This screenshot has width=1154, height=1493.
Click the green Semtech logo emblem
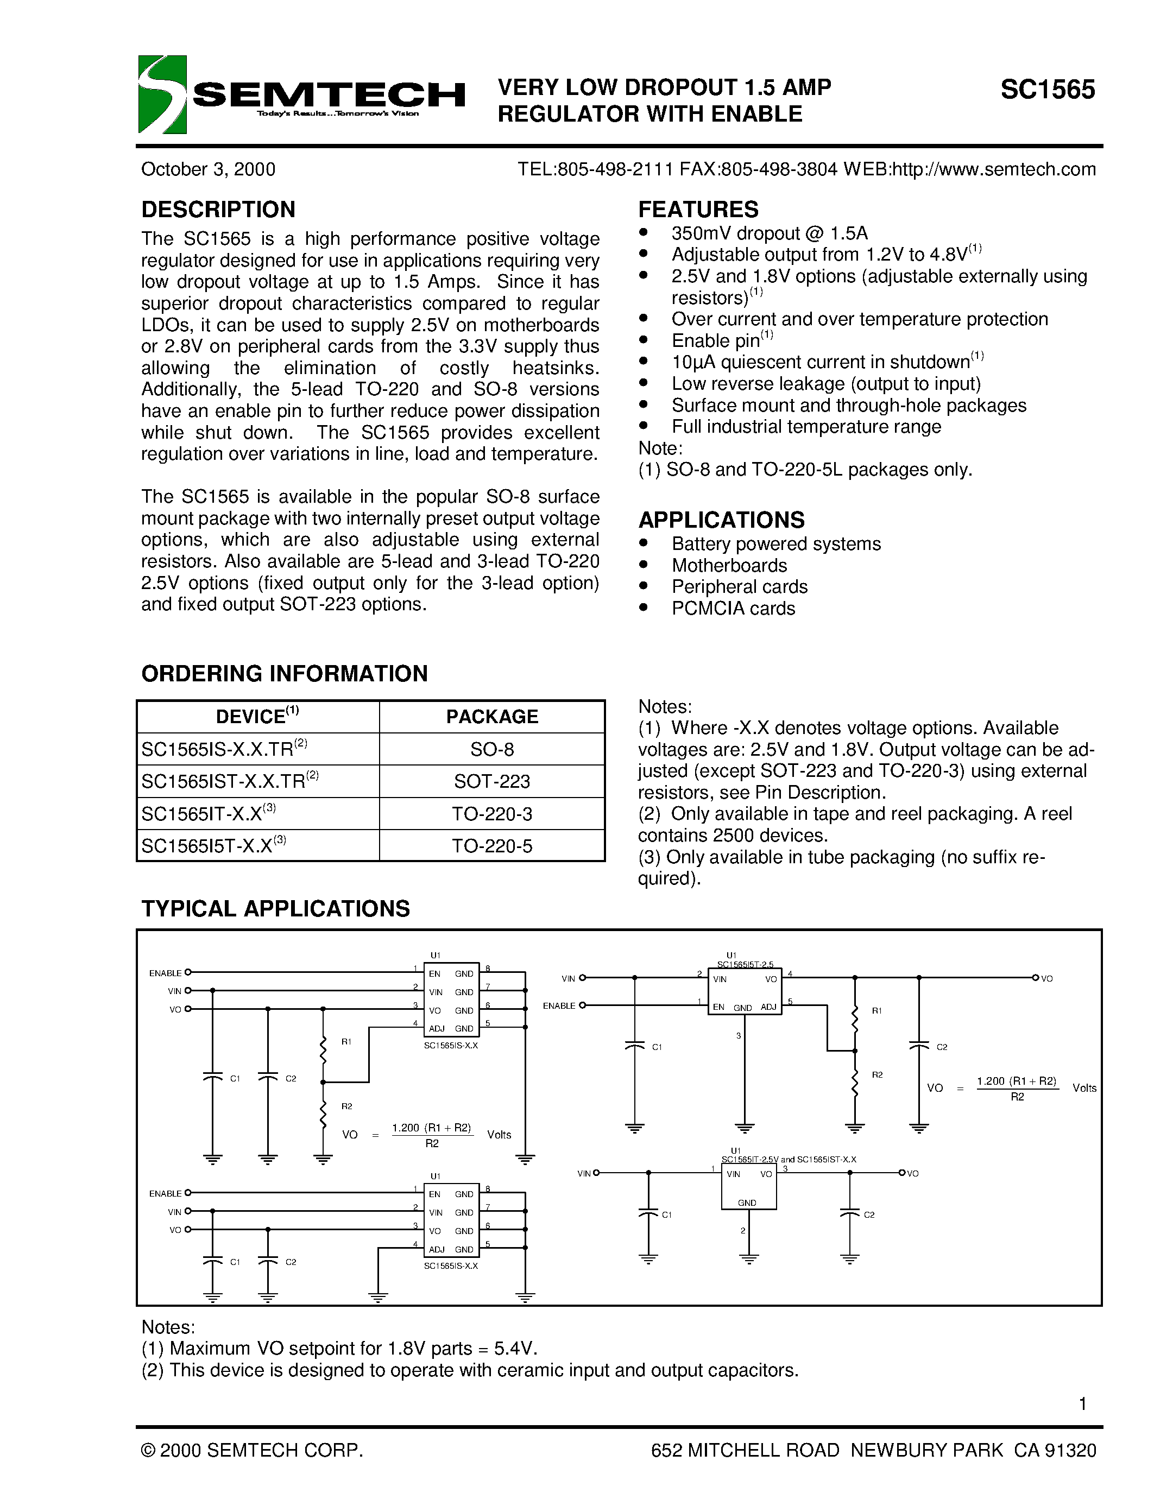[162, 94]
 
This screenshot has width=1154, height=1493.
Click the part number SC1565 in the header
[1048, 90]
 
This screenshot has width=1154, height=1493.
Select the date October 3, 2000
[208, 169]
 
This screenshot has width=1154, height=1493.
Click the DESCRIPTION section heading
[218, 209]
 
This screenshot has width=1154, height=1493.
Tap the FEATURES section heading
[698, 209]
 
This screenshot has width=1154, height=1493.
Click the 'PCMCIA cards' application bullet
[733, 609]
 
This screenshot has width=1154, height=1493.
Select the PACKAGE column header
[491, 717]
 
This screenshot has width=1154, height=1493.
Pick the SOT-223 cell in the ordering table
[491, 781]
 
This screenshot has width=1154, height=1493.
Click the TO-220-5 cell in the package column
[491, 846]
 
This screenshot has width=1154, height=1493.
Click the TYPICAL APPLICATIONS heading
[275, 908]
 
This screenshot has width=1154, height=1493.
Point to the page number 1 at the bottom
[1082, 1404]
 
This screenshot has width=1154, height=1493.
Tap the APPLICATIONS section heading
[721, 520]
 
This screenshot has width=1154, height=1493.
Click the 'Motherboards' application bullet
[729, 565]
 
